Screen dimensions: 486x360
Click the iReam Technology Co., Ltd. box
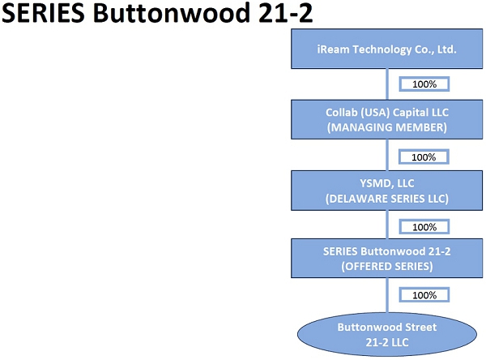click(x=386, y=49)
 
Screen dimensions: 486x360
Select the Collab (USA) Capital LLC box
click(x=386, y=119)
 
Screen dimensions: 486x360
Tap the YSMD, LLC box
click(x=386, y=191)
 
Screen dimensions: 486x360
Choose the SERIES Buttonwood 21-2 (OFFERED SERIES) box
click(x=386, y=258)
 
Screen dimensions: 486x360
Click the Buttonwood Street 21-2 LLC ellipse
click(x=387, y=334)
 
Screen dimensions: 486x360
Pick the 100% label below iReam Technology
click(x=424, y=84)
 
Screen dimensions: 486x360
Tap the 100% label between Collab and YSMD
click(x=424, y=157)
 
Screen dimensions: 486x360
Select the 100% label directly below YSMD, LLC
click(x=424, y=227)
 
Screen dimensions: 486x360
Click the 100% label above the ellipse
click(x=424, y=295)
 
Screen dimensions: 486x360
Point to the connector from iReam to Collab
click(x=387, y=84)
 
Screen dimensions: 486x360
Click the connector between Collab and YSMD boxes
click(x=387, y=155)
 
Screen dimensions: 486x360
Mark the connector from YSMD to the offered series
click(x=387, y=225)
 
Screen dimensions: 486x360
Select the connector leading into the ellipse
click(x=387, y=295)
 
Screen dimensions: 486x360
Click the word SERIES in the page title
click(x=43, y=13)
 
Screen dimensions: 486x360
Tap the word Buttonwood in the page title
click(x=172, y=13)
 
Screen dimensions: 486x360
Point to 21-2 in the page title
click(x=285, y=13)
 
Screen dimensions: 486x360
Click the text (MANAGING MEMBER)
click(x=387, y=127)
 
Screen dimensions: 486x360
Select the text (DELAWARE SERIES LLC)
click(x=387, y=199)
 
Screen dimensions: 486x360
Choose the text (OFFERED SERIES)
click(x=387, y=266)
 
